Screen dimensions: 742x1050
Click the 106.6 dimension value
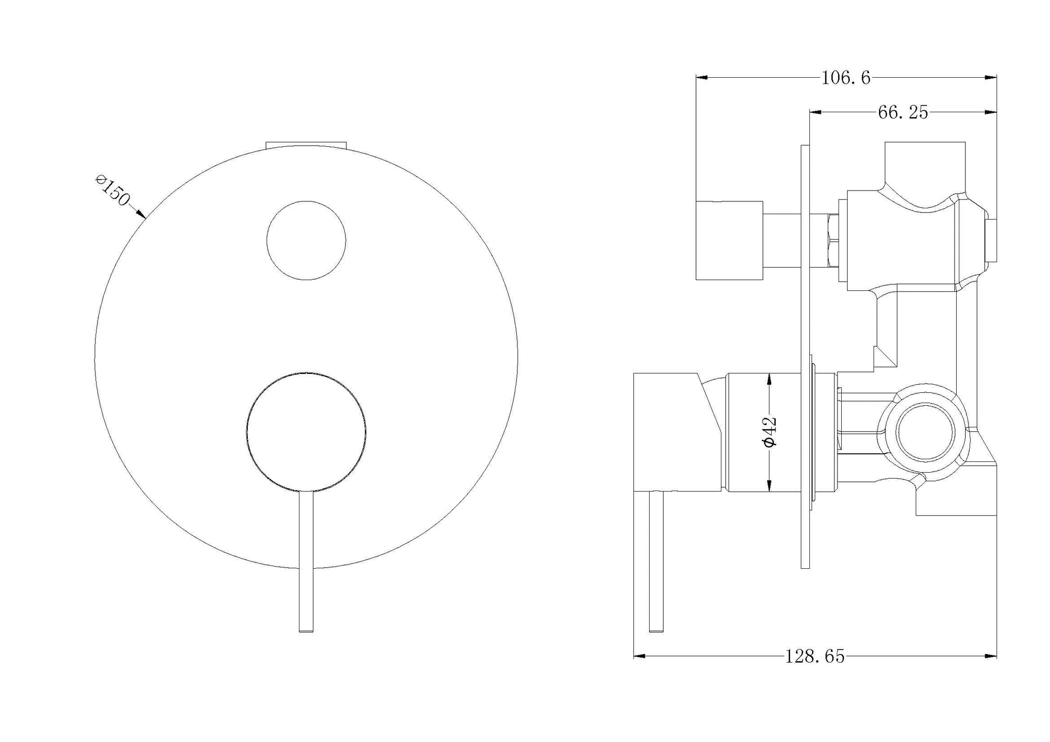pos(846,78)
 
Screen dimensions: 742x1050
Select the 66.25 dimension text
pos(903,112)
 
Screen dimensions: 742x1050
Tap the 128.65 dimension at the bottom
pos(815,656)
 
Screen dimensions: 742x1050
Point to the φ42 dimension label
pos(769,431)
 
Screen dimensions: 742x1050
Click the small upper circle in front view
pos(306,241)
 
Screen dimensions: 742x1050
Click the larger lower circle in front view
pos(306,432)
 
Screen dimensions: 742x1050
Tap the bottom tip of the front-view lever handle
pos(306,629)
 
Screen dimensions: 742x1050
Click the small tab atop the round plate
pos(306,144)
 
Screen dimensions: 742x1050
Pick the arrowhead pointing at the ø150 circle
pos(142,215)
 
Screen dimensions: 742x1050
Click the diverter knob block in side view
pos(729,241)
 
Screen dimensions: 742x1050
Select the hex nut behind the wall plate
pos(833,241)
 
